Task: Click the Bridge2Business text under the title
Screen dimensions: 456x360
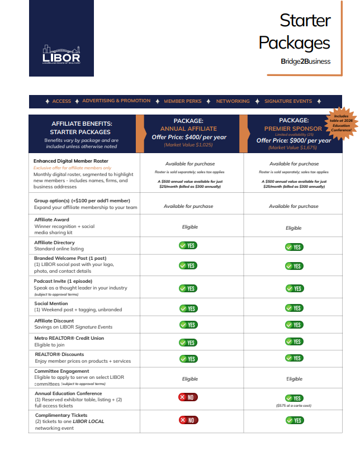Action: click(305, 61)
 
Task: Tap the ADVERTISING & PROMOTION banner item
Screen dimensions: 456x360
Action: click(116, 101)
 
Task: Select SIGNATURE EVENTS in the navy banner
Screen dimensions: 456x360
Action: click(288, 101)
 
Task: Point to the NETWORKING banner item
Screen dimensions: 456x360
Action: click(233, 101)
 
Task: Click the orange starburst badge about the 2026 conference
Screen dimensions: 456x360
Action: click(341, 122)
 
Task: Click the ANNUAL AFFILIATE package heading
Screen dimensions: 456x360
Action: click(188, 129)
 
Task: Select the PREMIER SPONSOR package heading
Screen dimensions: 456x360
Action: click(293, 129)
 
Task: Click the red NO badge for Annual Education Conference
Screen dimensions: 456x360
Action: click(188, 397)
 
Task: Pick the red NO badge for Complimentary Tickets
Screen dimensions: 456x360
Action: click(188, 420)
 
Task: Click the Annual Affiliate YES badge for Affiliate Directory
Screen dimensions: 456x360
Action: click(188, 245)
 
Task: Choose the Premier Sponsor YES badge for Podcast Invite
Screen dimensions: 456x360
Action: click(294, 288)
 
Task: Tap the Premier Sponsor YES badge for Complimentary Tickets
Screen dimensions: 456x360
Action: click(294, 420)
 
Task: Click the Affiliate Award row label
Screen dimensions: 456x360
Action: click(51, 220)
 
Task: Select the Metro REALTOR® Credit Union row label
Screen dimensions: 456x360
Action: click(69, 338)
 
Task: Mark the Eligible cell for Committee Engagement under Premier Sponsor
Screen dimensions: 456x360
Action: click(294, 379)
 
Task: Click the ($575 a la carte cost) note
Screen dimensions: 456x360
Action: click(294, 405)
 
